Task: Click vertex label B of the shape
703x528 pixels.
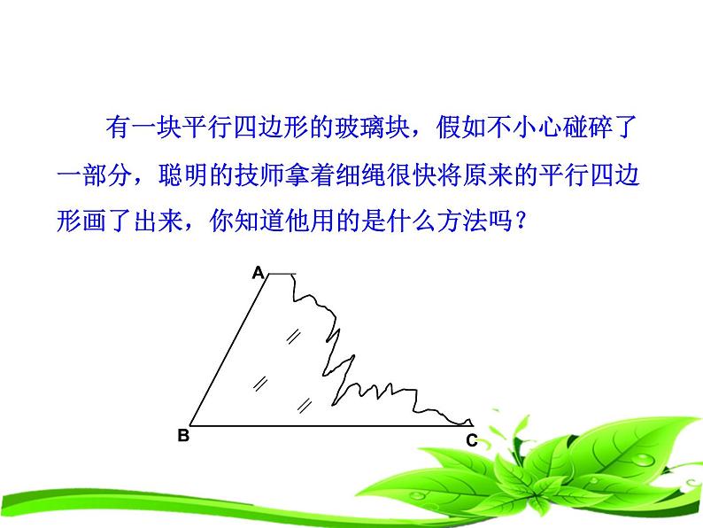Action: point(183,435)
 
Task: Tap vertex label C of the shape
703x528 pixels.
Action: point(471,439)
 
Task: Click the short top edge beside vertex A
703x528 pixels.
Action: point(282,275)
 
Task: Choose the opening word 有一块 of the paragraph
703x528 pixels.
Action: point(139,128)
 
